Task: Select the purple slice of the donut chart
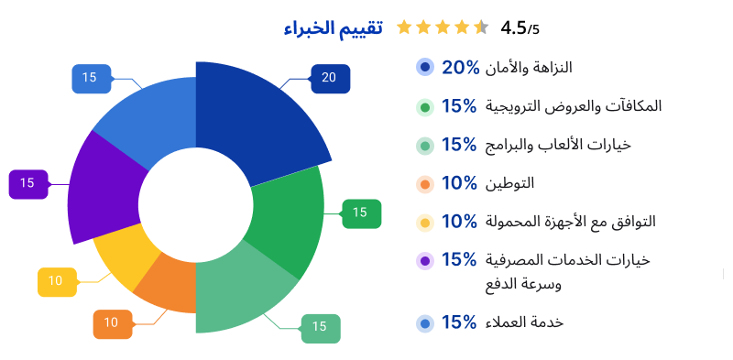pyautogui.click(x=101, y=188)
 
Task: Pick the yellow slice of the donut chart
pyautogui.click(x=124, y=252)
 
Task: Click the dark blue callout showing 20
pyautogui.click(x=329, y=78)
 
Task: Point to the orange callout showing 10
pyautogui.click(x=111, y=322)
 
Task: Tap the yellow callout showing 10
pyautogui.click(x=56, y=280)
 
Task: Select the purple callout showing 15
pyautogui.click(x=27, y=182)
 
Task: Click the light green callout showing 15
pyautogui.click(x=320, y=326)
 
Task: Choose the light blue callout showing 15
pyautogui.click(x=90, y=78)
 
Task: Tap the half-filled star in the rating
pyautogui.click(x=481, y=27)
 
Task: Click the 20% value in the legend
pyautogui.click(x=460, y=67)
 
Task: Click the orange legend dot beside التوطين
pyautogui.click(x=424, y=184)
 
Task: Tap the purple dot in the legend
pyautogui.click(x=424, y=261)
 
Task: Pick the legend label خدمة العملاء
pyautogui.click(x=528, y=322)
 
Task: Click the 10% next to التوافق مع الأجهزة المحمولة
pyautogui.click(x=460, y=222)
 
